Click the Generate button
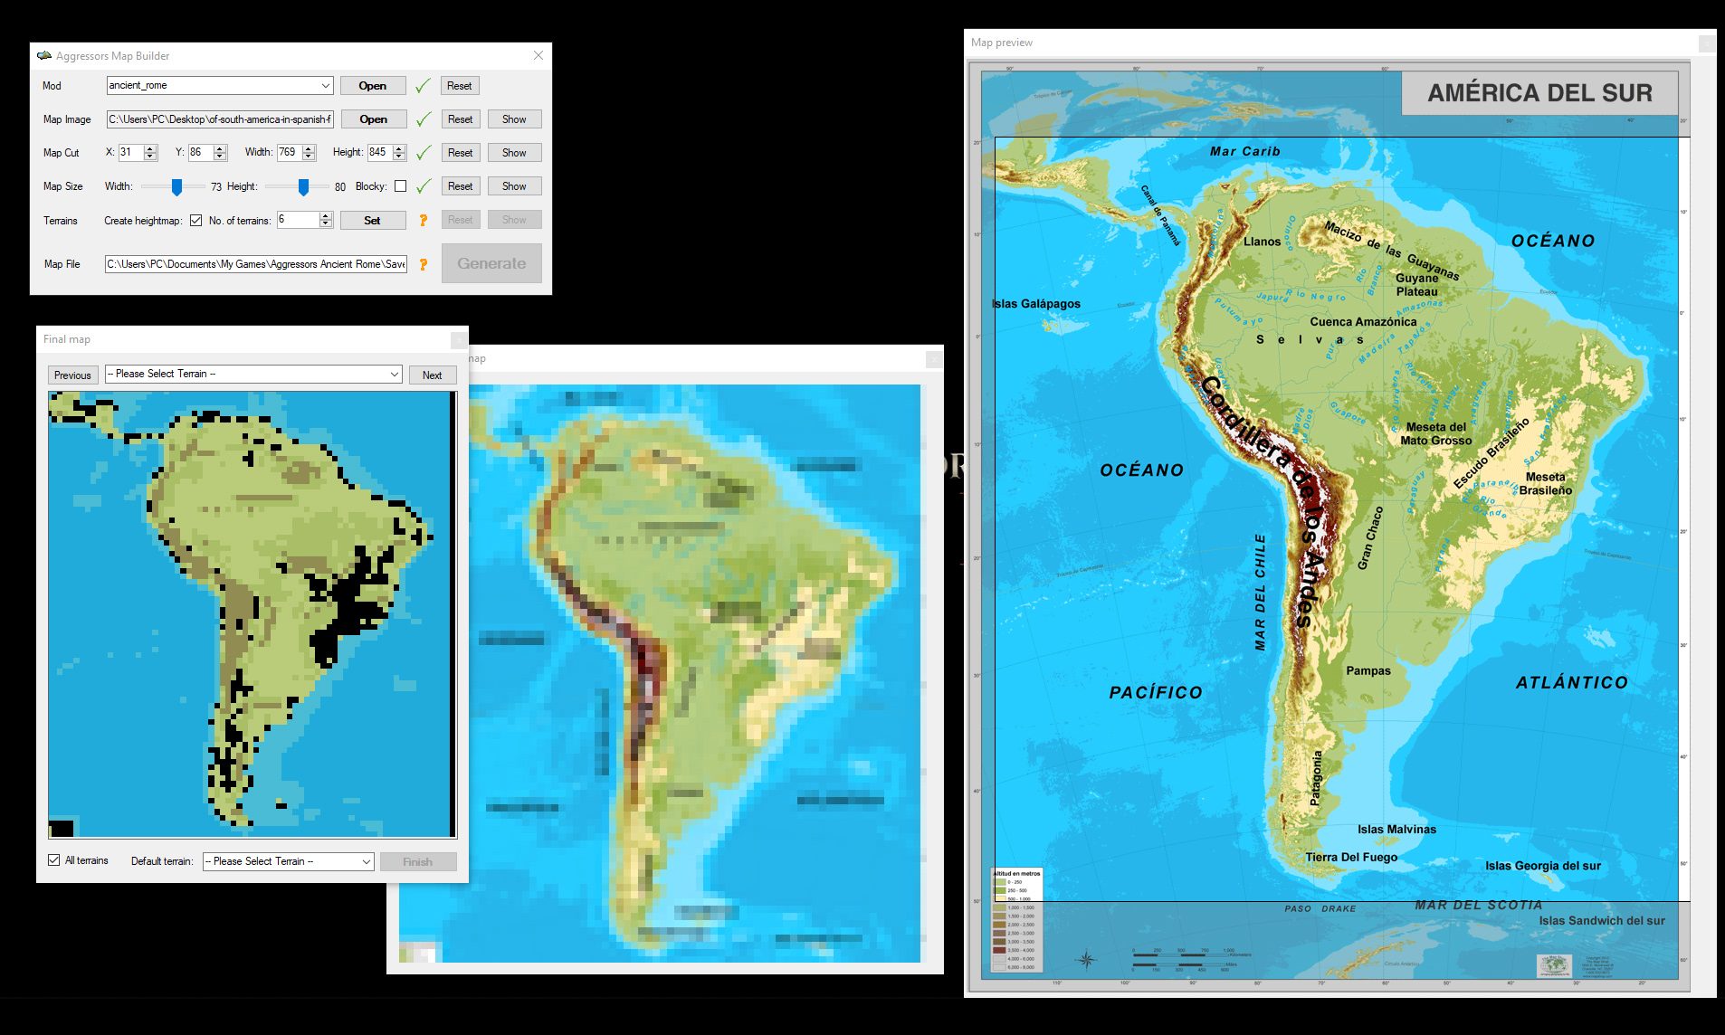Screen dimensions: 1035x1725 491,263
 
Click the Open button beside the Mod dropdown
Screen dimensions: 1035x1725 372,86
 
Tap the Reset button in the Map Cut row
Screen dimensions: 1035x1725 460,153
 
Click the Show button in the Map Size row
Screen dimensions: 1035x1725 514,186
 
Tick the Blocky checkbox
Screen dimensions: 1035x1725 400,186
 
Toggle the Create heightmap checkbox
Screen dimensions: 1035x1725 195,221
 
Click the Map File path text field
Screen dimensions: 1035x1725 256,264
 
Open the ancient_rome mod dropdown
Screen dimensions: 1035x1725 326,86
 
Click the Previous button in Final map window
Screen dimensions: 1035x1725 72,375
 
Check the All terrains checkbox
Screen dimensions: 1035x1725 54,860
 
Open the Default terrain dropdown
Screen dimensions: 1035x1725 288,861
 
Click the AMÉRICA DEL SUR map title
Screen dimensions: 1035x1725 1539,93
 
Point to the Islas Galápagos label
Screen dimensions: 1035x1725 1035,304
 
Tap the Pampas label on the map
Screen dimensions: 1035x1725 1368,671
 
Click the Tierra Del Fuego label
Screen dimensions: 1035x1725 1350,858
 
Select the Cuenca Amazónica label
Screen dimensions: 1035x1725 1363,322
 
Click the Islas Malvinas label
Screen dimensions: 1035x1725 1396,830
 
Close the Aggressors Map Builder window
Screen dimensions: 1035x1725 538,56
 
